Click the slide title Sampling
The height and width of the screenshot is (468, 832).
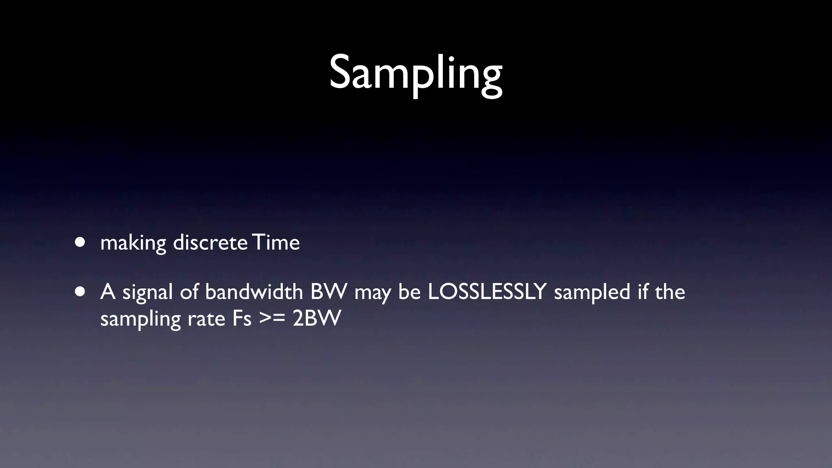416,73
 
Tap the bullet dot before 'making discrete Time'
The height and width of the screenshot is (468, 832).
80,243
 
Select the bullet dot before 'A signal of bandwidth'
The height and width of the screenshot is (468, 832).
80,292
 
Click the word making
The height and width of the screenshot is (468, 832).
133,243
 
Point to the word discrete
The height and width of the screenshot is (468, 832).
210,243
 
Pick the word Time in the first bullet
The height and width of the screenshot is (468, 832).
276,243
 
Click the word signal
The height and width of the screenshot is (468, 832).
147,292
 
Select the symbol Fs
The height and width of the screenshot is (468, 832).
242,318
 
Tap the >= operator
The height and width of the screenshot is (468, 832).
272,319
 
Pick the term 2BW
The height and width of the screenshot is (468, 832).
316,318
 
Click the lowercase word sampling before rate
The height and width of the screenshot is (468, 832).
140,319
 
